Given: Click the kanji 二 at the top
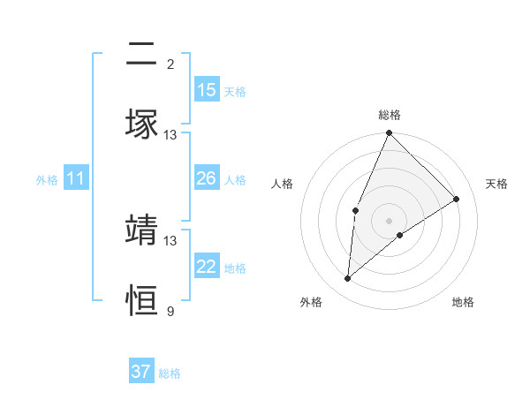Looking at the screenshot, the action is [x=142, y=55].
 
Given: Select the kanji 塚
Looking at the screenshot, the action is [x=142, y=124].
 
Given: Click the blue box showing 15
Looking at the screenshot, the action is [x=207, y=90].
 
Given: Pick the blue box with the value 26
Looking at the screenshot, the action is [x=207, y=178].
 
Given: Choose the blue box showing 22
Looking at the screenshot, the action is [x=207, y=267].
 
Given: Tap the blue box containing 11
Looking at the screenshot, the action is [x=76, y=178].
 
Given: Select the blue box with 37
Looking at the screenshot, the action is [x=141, y=372].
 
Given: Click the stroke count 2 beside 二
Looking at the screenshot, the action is [x=170, y=64].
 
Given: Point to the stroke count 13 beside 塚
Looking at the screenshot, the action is [x=170, y=135].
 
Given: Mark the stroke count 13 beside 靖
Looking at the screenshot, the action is [x=170, y=240].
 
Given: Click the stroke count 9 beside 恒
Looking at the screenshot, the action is [x=170, y=311].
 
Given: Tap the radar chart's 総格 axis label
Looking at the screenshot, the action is [x=390, y=115].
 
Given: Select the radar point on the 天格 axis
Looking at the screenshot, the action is [x=457, y=200].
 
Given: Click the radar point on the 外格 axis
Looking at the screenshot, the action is [x=348, y=279].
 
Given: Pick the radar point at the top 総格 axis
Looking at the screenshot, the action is [x=390, y=134].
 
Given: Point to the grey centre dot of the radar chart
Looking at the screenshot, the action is [x=390, y=221].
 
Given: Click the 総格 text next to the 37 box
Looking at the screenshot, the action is [x=170, y=373].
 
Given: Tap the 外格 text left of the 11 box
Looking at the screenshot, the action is [x=47, y=180].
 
